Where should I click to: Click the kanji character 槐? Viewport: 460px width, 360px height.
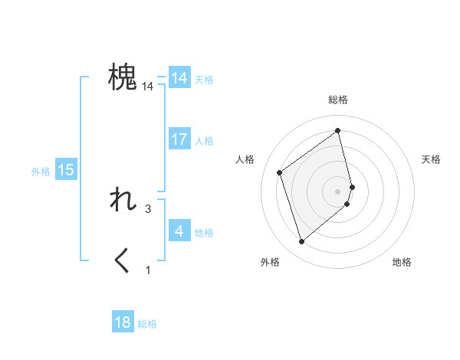[x=123, y=78]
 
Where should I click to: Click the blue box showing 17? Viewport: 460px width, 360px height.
[x=179, y=139]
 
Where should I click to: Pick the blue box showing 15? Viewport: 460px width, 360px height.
[x=66, y=170]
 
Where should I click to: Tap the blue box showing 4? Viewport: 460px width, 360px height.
[x=179, y=231]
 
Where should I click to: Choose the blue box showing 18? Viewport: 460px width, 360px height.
[x=123, y=322]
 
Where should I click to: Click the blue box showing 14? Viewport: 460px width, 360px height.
[x=179, y=78]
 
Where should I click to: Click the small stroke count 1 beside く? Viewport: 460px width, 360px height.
[x=148, y=270]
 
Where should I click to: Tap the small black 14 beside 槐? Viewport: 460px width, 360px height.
[x=148, y=87]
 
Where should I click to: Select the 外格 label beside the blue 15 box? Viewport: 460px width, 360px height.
[x=41, y=172]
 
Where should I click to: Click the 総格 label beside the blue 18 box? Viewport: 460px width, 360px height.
[x=147, y=324]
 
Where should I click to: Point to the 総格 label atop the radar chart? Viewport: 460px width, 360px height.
[x=338, y=100]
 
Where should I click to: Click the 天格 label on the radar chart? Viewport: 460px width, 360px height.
[x=432, y=159]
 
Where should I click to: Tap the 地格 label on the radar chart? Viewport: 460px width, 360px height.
[x=402, y=262]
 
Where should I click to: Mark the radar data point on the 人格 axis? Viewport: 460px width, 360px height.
[x=280, y=172]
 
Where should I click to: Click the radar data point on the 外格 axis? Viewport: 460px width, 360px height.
[x=302, y=242]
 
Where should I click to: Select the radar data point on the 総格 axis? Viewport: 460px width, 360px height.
[x=338, y=130]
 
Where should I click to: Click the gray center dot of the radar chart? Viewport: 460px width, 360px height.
[x=338, y=191]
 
